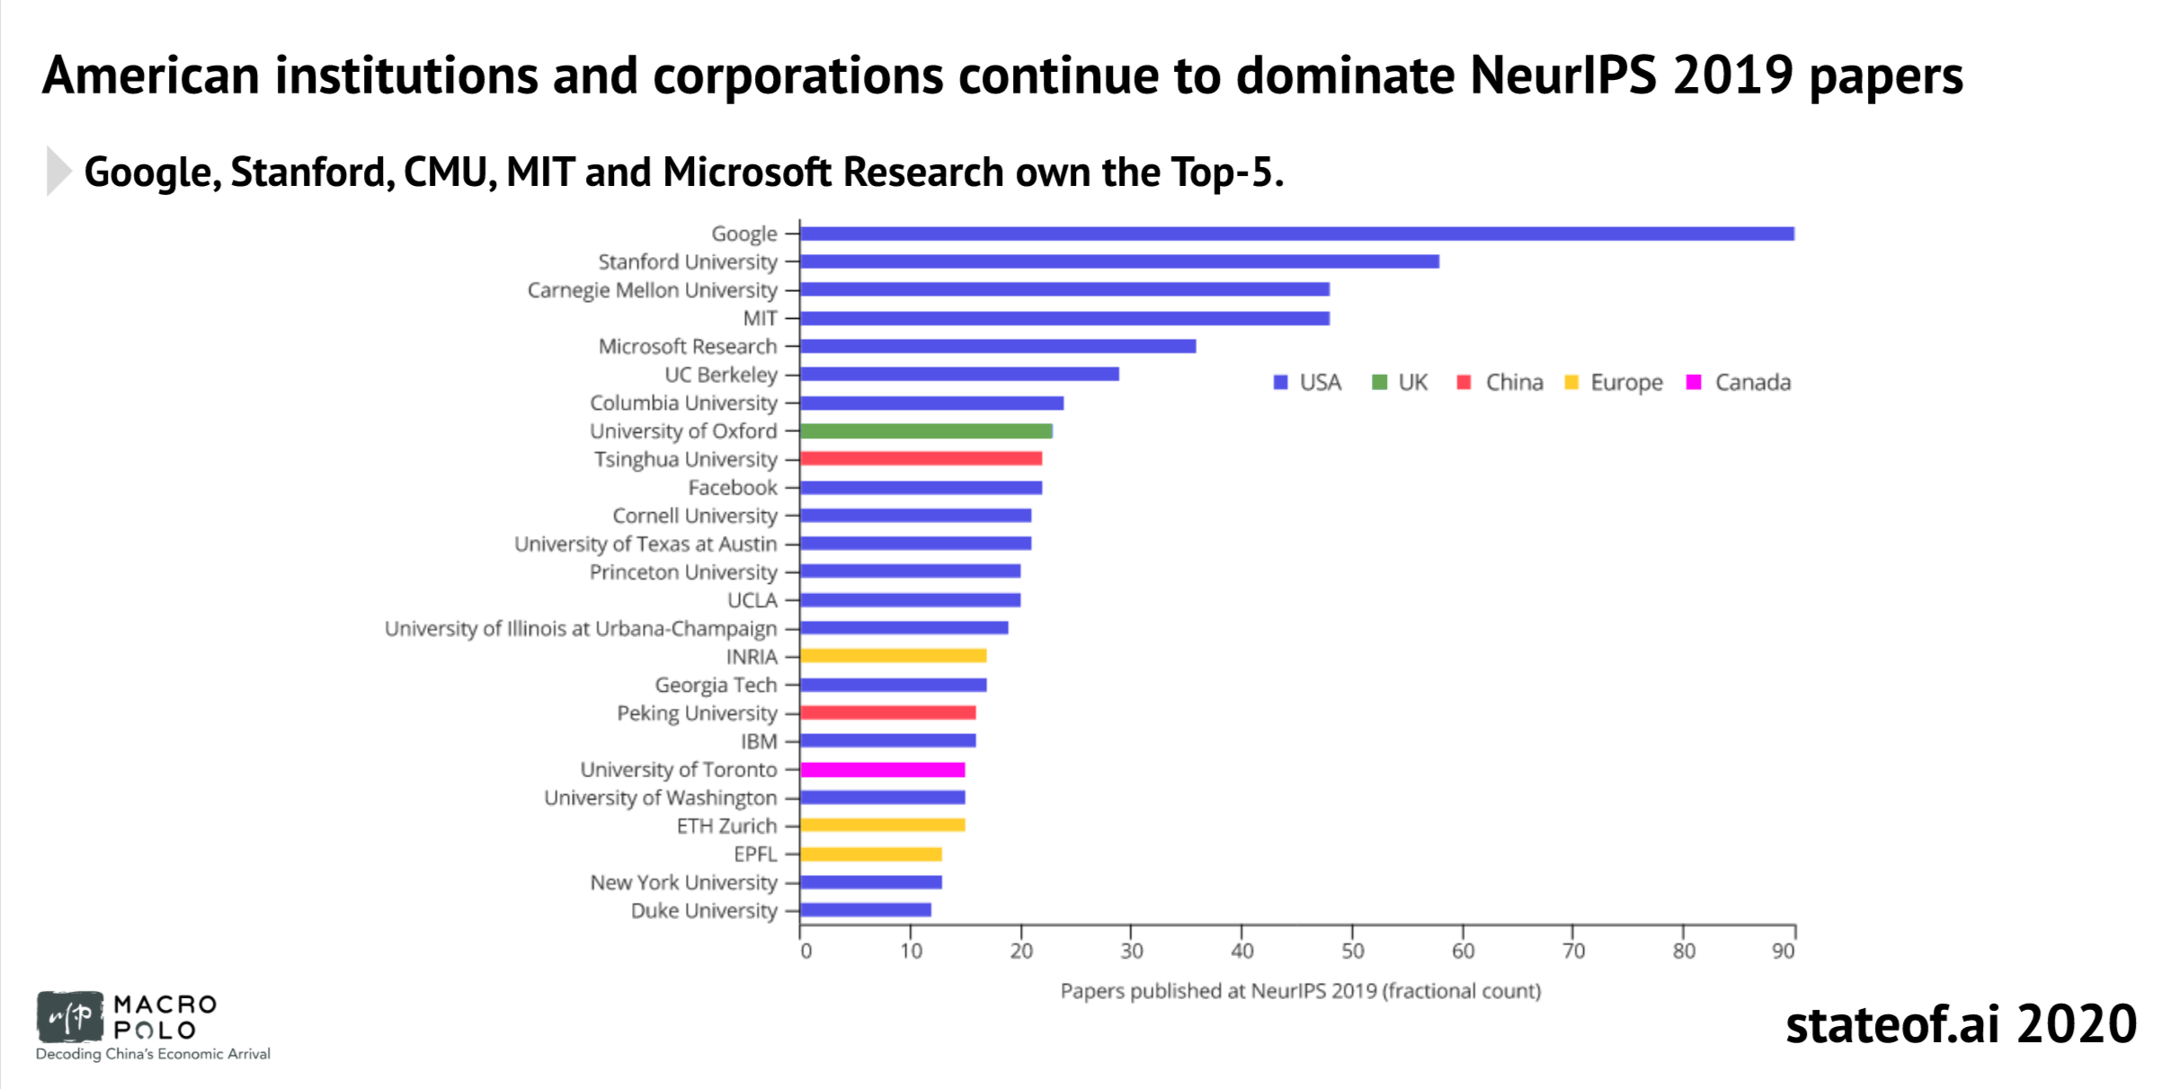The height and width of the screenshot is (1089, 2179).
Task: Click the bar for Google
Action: [x=1296, y=234]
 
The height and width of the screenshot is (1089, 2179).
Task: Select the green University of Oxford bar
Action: [x=926, y=431]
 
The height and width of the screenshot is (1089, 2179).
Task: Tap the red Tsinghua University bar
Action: [x=921, y=459]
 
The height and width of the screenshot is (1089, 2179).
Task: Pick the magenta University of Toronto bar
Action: [x=882, y=770]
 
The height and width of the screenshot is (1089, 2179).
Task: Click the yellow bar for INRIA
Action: [x=893, y=657]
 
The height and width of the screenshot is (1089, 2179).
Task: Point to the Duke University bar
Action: [x=865, y=910]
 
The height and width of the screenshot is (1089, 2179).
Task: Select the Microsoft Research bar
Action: [x=998, y=347]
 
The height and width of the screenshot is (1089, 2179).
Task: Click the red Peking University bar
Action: [x=887, y=713]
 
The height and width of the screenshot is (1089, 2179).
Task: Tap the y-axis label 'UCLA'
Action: [x=752, y=600]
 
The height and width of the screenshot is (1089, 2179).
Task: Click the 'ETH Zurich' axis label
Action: [x=726, y=826]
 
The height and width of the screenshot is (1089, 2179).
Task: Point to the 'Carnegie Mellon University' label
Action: [x=652, y=290]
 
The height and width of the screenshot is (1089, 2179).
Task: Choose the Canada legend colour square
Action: [x=1694, y=383]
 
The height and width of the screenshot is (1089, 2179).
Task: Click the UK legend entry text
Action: [x=1412, y=383]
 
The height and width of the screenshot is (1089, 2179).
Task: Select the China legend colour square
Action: [x=1463, y=383]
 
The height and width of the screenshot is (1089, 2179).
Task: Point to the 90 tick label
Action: [x=1783, y=951]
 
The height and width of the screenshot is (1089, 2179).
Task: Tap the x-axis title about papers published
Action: [x=1300, y=991]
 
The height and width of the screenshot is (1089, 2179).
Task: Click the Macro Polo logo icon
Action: [x=69, y=1017]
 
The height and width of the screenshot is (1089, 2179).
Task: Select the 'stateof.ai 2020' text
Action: [x=1961, y=1024]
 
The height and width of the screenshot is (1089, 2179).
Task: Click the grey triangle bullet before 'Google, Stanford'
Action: [x=58, y=171]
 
